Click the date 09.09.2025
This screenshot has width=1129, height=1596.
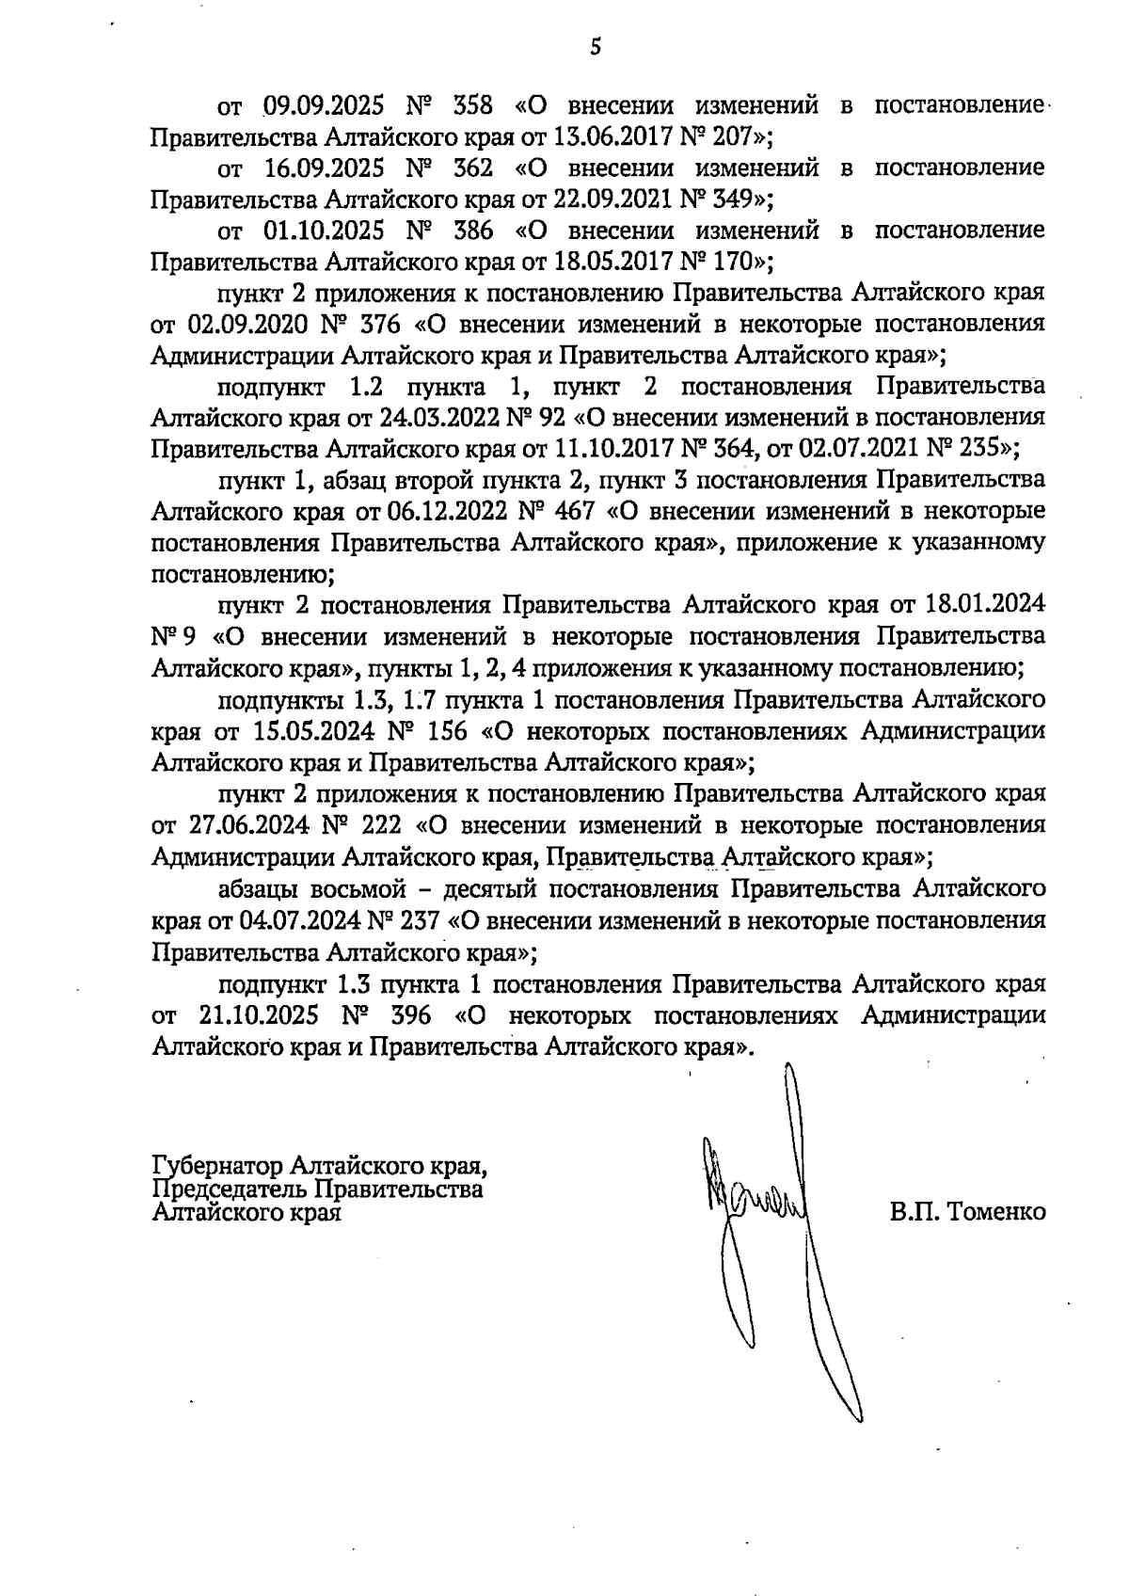coord(322,106)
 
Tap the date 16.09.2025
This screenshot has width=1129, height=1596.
coord(322,168)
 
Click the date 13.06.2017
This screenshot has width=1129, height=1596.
coord(612,137)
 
